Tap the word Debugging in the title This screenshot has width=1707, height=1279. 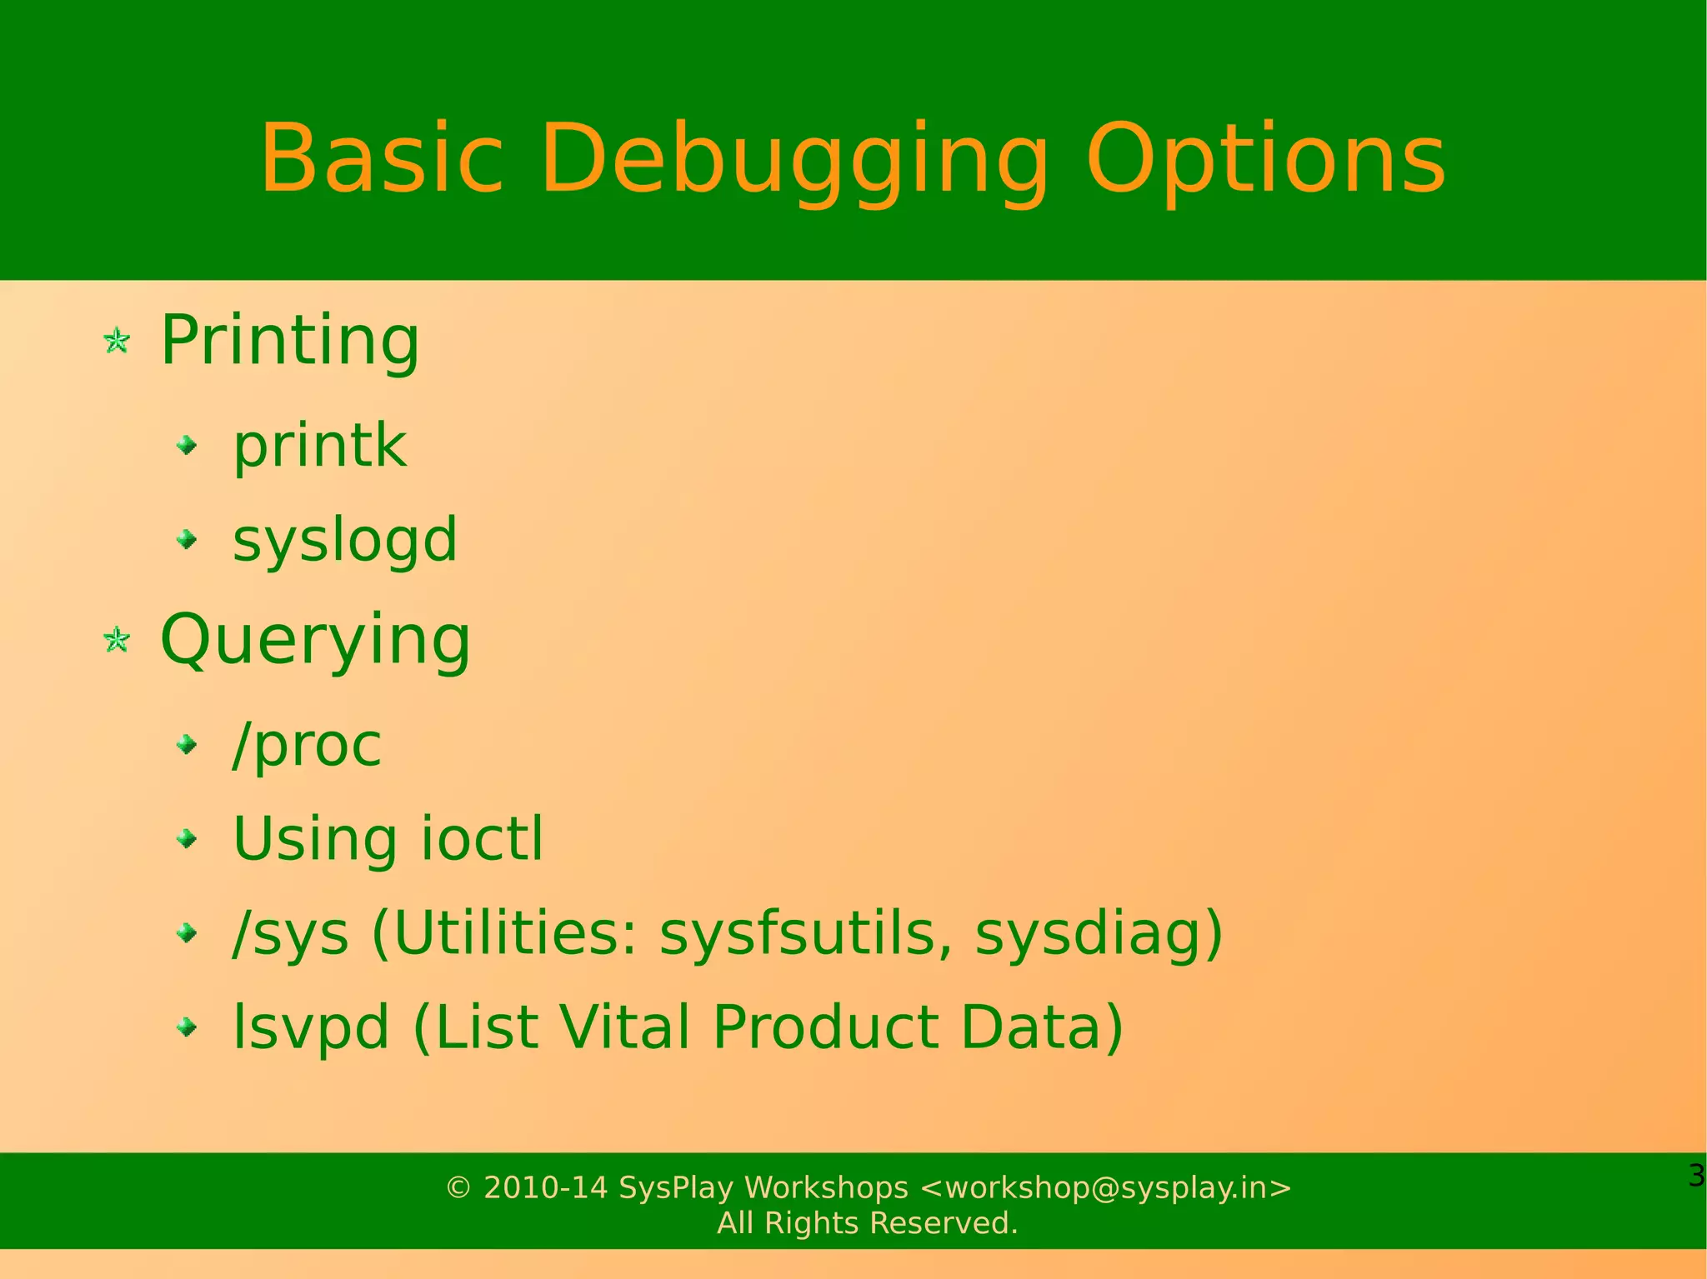point(794,160)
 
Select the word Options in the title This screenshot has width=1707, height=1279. point(1265,160)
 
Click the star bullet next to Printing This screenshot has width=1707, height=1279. point(117,341)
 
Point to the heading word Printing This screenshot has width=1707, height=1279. point(290,340)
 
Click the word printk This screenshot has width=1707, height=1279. point(319,446)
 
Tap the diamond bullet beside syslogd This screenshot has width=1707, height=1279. point(188,540)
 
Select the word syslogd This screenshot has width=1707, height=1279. point(344,540)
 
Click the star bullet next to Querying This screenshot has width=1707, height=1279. point(117,640)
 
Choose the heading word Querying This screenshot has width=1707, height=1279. point(315,640)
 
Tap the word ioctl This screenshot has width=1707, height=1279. point(482,838)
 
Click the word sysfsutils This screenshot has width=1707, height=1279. point(805,932)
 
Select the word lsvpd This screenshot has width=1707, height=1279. point(311,1027)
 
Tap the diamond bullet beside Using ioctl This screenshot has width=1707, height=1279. point(188,838)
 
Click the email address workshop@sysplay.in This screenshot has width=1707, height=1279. point(1106,1187)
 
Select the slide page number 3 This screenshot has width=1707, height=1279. point(1695,1176)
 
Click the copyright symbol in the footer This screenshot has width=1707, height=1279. point(458,1187)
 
